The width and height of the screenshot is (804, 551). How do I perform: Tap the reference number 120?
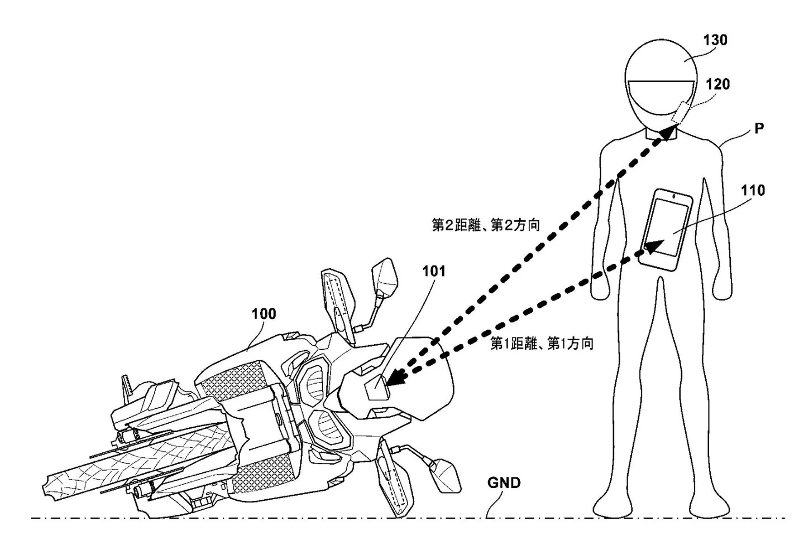717,84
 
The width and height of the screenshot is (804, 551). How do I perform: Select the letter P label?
759,128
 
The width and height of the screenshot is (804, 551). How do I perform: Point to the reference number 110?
753,191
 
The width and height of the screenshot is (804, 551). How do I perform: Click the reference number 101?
434,272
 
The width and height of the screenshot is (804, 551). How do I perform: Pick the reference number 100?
264,313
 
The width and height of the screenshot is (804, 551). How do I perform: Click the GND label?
504,482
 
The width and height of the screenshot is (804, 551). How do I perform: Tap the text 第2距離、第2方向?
486,225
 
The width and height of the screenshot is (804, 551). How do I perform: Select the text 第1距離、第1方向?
542,344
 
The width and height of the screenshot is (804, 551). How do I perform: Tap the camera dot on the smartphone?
674,196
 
